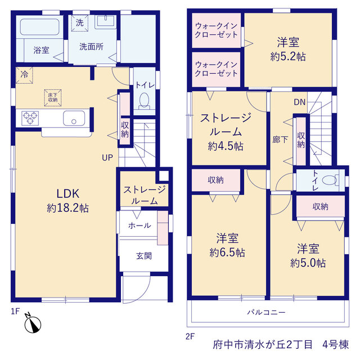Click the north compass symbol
tap(33, 324)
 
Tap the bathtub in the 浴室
tap(40, 27)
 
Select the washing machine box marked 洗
tap(79, 23)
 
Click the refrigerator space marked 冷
tap(24, 75)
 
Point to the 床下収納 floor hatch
tap(53, 97)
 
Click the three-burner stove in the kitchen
tap(30, 118)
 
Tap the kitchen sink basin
tap(74, 118)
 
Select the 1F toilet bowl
tap(144, 101)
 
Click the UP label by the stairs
tap(107, 157)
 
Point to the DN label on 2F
tap(300, 102)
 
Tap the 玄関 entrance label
tap(144, 256)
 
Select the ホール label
tap(139, 226)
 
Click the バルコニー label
tap(266, 312)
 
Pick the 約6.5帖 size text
tap(227, 253)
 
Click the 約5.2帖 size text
tap(288, 56)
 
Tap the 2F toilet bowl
tap(331, 180)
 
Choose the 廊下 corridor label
tap(280, 139)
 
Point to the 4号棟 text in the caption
tap(335, 345)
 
